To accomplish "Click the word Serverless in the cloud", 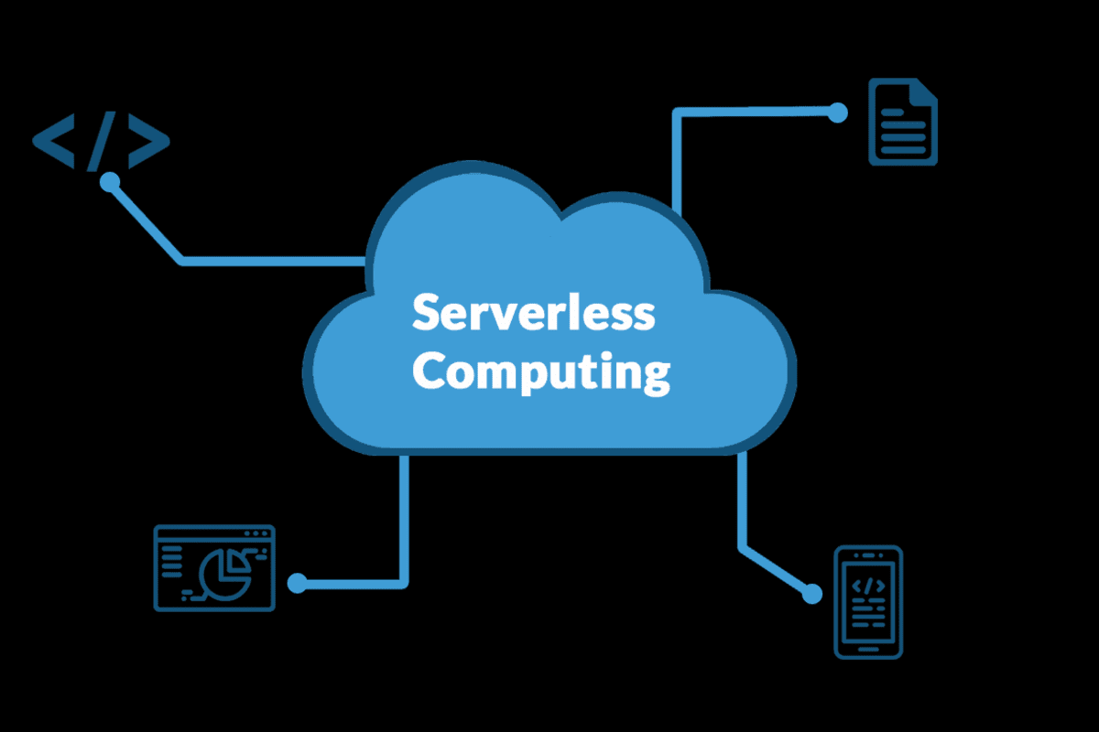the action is pyautogui.click(x=534, y=312).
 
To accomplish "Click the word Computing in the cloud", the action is pyautogui.click(x=541, y=371).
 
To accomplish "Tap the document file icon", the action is pyautogui.click(x=903, y=122).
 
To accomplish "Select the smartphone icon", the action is pyautogui.click(x=868, y=602).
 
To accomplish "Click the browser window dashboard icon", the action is pyautogui.click(x=214, y=568).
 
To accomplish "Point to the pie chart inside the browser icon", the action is pyautogui.click(x=225, y=574).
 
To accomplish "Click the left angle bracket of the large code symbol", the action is pyautogui.click(x=53, y=141).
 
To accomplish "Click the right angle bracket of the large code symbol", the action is pyautogui.click(x=149, y=141).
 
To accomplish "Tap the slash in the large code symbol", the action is pyautogui.click(x=102, y=141).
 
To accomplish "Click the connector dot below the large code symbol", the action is pyautogui.click(x=110, y=182).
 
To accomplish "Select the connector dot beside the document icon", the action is pyautogui.click(x=838, y=113).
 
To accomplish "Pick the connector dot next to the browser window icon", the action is pyautogui.click(x=297, y=584).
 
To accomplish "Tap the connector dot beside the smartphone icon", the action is pyautogui.click(x=812, y=594).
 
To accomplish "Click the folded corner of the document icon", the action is pyautogui.click(x=923, y=91).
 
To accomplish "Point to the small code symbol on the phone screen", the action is pyautogui.click(x=868, y=586).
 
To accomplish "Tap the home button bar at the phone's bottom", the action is pyautogui.click(x=868, y=650).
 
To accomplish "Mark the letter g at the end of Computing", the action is pyautogui.click(x=657, y=377).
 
